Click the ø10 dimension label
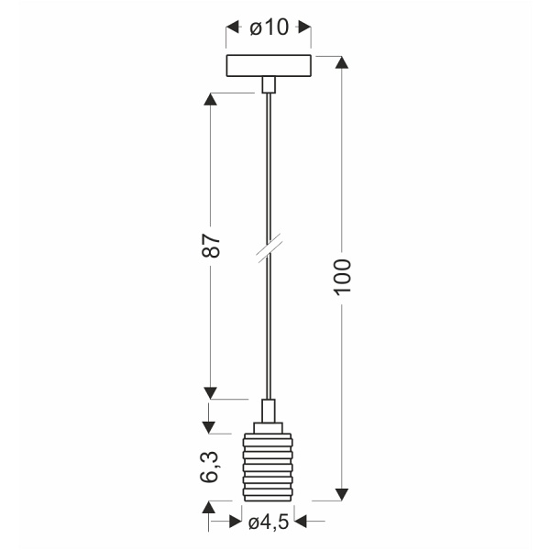pyautogui.click(x=269, y=27)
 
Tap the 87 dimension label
pyautogui.click(x=211, y=245)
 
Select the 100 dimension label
pyautogui.click(x=342, y=277)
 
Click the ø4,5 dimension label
pyautogui.click(x=269, y=522)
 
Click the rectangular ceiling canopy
pyautogui.click(x=269, y=66)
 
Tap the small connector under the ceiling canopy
pyautogui.click(x=269, y=85)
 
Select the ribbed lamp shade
pyautogui.click(x=268, y=467)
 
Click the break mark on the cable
pyautogui.click(x=269, y=247)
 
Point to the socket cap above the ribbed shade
pyautogui.click(x=269, y=427)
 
